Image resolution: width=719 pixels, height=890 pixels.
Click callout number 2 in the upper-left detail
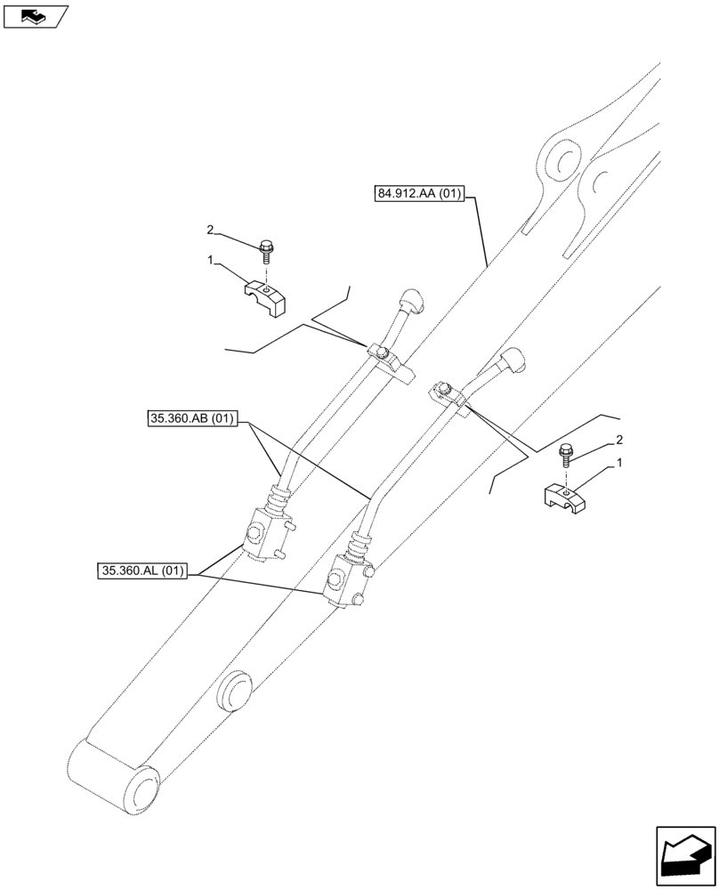(x=211, y=230)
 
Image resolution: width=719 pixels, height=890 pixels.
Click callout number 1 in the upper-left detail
(x=210, y=260)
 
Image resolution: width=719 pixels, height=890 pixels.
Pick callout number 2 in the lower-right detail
(x=618, y=441)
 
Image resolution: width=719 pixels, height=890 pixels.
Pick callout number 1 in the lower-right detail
(x=618, y=464)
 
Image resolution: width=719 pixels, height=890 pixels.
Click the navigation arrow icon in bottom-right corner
(x=685, y=857)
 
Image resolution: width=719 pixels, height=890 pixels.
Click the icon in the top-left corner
(x=35, y=15)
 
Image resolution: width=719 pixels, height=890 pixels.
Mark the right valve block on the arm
(x=346, y=583)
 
